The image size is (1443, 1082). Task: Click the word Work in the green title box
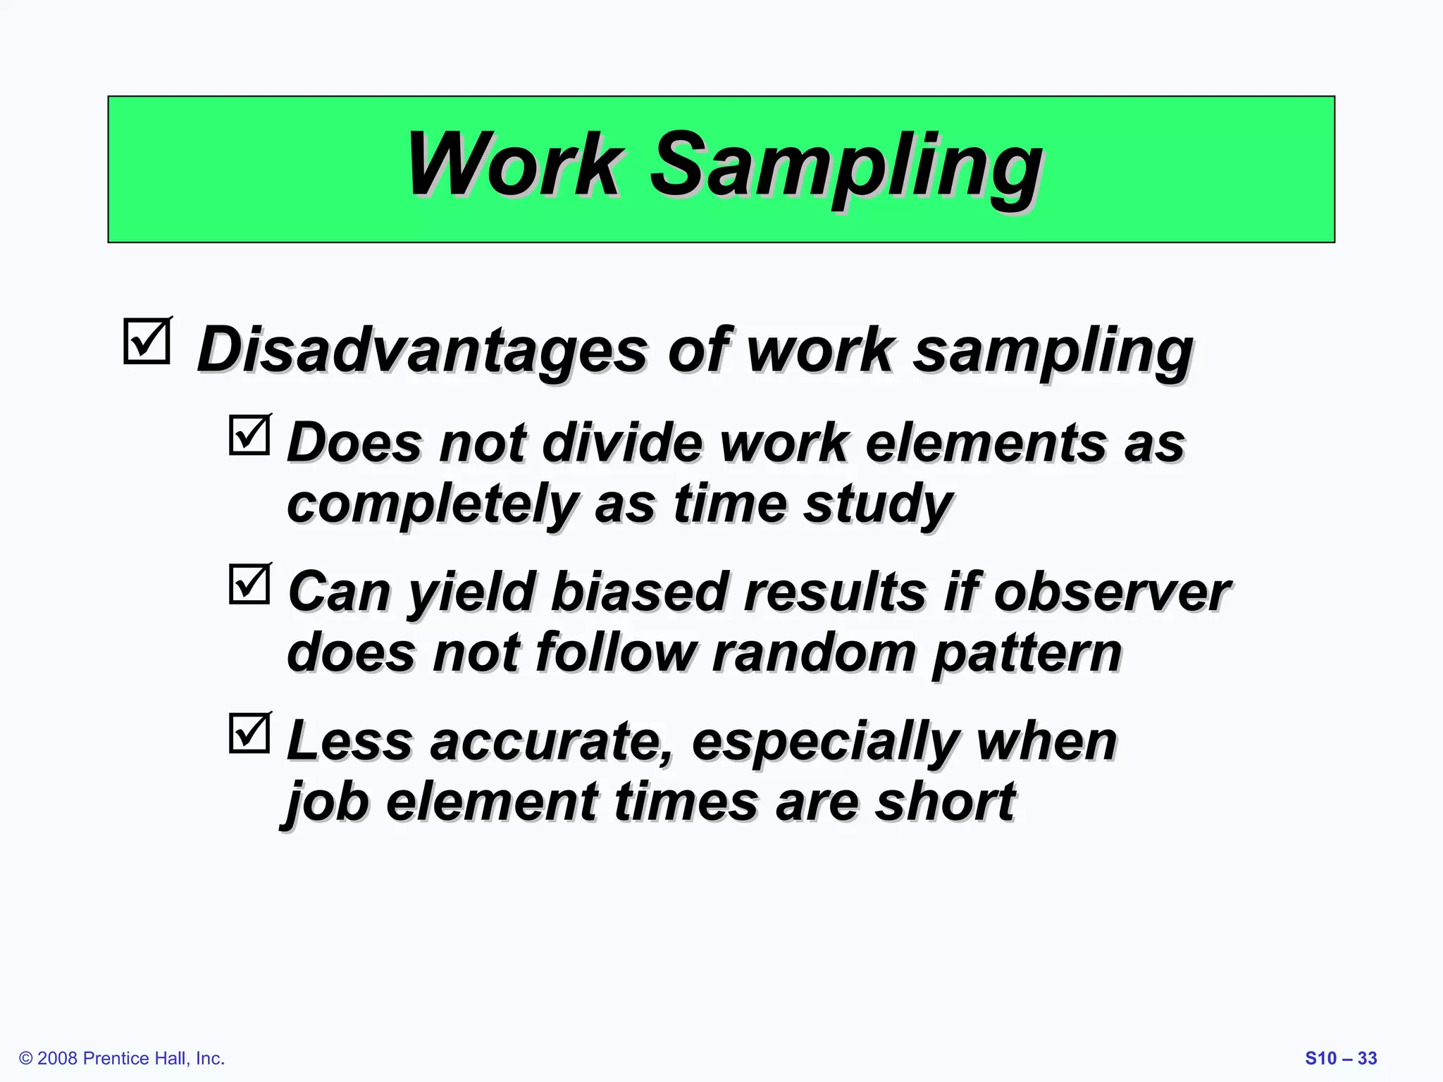tap(514, 166)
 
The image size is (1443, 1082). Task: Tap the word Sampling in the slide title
tap(846, 169)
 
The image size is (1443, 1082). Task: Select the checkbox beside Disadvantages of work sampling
tap(147, 342)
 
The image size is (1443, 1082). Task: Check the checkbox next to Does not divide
tap(249, 435)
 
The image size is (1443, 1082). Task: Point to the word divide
tap(622, 443)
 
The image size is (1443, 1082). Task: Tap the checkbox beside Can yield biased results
tap(249, 585)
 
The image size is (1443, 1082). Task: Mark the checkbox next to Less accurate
tap(249, 733)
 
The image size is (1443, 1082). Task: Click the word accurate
tap(550, 741)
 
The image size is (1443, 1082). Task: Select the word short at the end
tap(944, 802)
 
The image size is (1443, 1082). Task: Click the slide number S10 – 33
tap(1341, 1058)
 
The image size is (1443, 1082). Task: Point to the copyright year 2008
tap(58, 1058)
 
